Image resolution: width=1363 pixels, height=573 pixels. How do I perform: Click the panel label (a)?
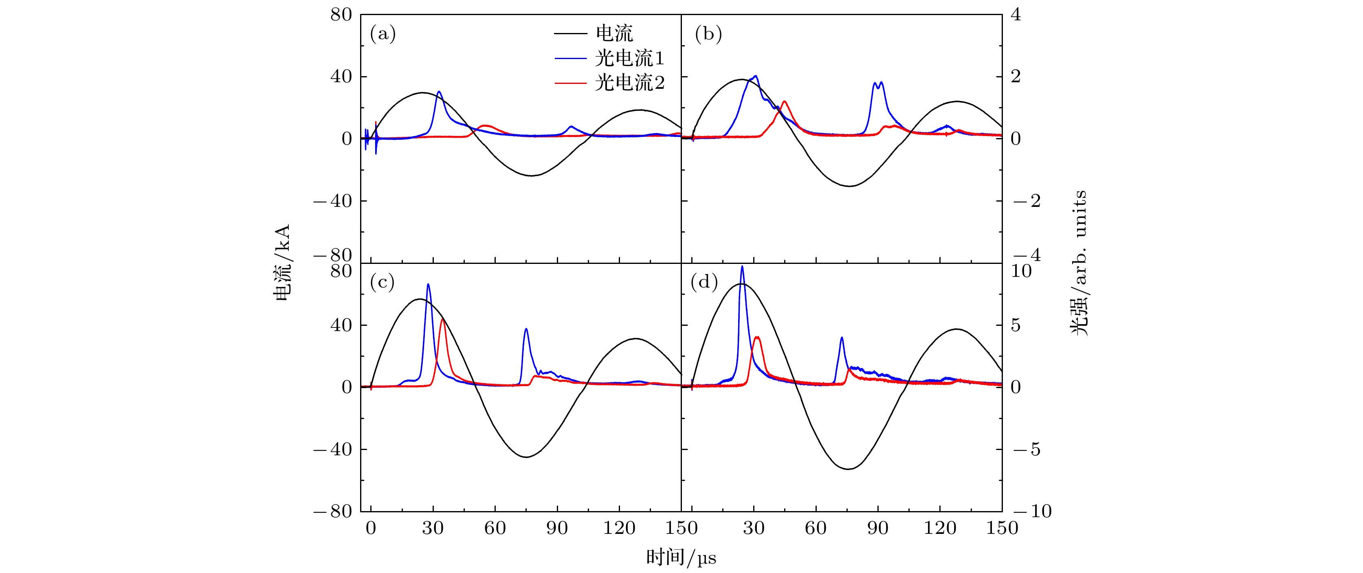pyautogui.click(x=383, y=34)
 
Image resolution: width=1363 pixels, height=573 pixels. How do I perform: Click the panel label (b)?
pyautogui.click(x=708, y=34)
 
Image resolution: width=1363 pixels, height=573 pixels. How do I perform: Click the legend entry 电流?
pyautogui.click(x=614, y=33)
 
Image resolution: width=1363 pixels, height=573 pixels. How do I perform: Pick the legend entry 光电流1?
pyautogui.click(x=629, y=58)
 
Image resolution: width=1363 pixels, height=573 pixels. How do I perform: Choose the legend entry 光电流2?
pyautogui.click(x=629, y=83)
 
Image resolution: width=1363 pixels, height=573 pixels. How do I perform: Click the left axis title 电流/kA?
pyautogui.click(x=283, y=263)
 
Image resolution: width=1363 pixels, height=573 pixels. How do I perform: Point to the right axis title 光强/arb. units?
pyautogui.click(x=1079, y=263)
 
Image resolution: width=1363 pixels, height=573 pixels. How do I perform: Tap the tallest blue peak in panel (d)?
pyautogui.click(x=742, y=267)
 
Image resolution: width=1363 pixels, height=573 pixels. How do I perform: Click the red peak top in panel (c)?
pyautogui.click(x=442, y=319)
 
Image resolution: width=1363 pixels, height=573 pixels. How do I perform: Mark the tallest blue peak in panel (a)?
pyautogui.click(x=439, y=92)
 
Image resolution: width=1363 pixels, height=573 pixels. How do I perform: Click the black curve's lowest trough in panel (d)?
pyautogui.click(x=848, y=469)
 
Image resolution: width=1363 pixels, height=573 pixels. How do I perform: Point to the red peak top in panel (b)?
pyautogui.click(x=784, y=101)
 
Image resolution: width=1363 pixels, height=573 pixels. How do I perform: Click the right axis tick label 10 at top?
pyautogui.click(x=1021, y=271)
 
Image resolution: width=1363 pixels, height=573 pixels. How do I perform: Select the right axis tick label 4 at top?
pyautogui.click(x=1016, y=15)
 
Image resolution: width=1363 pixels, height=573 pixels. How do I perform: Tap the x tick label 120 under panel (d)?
pyautogui.click(x=940, y=528)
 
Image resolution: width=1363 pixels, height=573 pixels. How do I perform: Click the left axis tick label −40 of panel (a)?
pyautogui.click(x=333, y=201)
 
